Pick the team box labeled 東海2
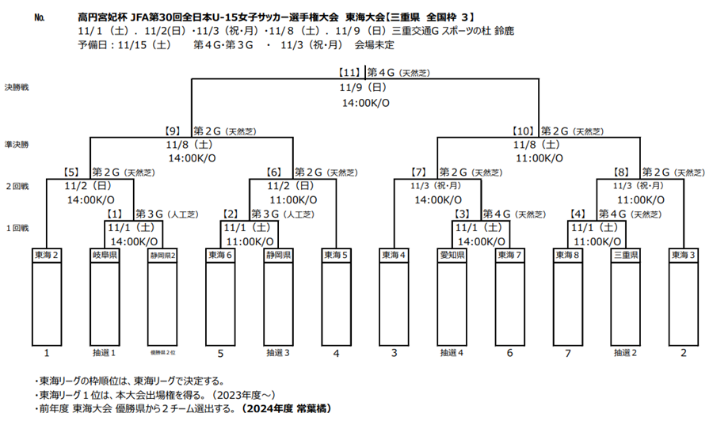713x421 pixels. (x=47, y=256)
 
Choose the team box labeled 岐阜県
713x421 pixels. (x=105, y=256)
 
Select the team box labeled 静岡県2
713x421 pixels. (x=162, y=256)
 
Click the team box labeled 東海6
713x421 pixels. (x=220, y=256)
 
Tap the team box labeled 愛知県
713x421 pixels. (x=452, y=256)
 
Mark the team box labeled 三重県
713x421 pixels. (x=625, y=256)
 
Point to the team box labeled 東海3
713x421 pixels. (x=683, y=256)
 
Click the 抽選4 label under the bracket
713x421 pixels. (x=452, y=353)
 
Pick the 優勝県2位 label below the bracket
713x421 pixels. (x=162, y=353)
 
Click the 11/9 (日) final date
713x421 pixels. (x=362, y=88)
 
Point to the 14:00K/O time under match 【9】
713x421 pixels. (x=189, y=158)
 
